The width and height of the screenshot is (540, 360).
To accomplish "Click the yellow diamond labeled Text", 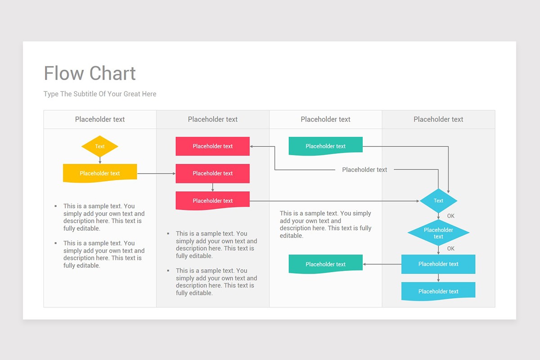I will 100,146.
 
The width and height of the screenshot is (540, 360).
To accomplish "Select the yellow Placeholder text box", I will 100,173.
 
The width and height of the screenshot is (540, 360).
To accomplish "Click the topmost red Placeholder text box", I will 212,146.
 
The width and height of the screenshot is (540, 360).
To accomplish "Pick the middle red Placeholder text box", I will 212,173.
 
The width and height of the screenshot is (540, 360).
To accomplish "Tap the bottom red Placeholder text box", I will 212,201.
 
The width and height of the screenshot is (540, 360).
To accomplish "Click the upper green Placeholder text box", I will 325,146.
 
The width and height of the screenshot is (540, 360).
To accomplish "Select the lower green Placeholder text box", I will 325,264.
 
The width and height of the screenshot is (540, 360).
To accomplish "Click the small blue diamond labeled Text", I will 438,201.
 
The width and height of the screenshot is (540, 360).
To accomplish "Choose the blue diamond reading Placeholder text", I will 438,233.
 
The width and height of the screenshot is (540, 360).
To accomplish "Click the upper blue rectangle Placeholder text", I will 438,264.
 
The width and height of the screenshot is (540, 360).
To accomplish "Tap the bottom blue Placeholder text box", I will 438,291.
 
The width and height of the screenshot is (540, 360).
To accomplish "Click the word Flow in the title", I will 63,73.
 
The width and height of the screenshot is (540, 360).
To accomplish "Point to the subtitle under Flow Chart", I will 100,94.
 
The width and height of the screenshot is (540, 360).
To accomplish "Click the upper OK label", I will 451,216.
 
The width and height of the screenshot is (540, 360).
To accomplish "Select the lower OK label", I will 451,248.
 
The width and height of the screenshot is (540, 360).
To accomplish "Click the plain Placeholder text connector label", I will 364,170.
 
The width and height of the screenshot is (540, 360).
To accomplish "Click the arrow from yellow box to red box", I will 156,173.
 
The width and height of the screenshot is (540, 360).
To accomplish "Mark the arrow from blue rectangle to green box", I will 382,264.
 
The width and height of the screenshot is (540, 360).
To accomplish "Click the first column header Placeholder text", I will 100,119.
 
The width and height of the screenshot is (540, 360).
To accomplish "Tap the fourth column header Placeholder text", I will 438,119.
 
